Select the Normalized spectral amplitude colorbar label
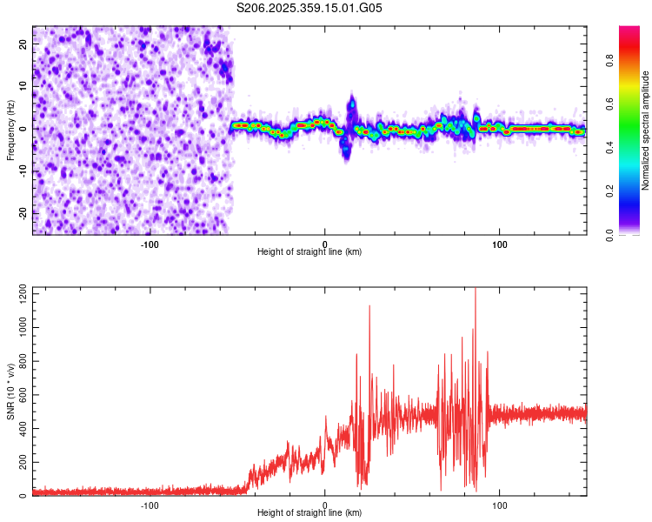(x=646, y=130)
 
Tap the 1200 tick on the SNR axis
(x=17, y=293)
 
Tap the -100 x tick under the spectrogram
(x=150, y=244)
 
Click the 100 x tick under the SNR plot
(x=500, y=505)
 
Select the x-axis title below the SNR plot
(x=309, y=513)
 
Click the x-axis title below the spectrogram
(x=309, y=252)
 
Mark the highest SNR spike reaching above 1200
(x=475, y=292)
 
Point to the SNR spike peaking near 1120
(x=369, y=307)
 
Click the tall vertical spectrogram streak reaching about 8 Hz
(x=351, y=109)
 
